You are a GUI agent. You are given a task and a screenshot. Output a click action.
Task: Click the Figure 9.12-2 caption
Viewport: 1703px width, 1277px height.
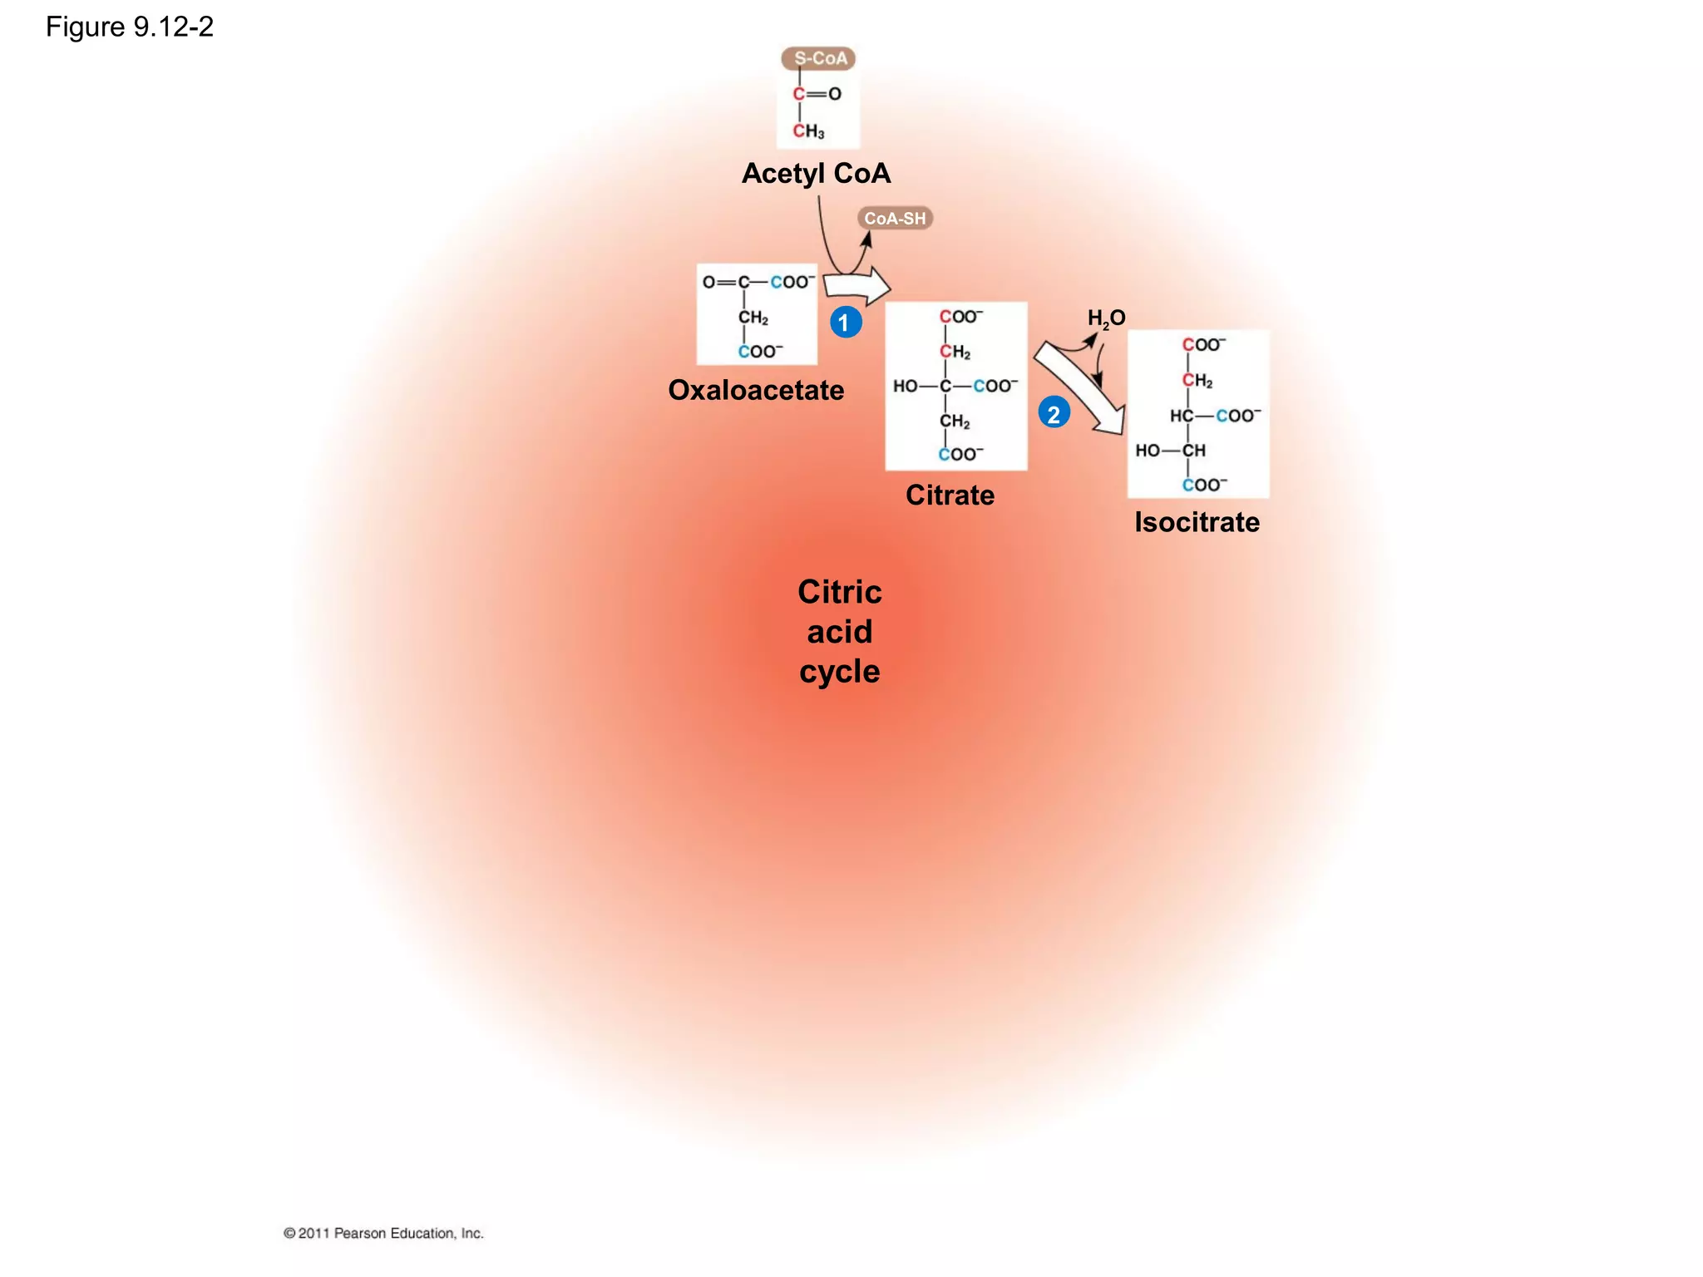point(130,27)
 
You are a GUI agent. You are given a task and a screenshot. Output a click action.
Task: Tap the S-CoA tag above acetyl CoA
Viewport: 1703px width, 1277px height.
point(819,58)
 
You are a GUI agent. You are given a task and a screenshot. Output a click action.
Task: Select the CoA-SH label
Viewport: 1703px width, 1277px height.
point(895,219)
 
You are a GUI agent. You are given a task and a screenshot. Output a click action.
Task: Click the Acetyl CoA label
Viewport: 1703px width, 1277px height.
point(816,174)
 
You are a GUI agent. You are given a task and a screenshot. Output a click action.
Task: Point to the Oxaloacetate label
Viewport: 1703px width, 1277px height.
point(756,390)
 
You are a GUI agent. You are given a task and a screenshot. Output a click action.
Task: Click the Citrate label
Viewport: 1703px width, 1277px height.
point(950,496)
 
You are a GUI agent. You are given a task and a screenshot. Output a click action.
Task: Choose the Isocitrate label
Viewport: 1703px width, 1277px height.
point(1197,522)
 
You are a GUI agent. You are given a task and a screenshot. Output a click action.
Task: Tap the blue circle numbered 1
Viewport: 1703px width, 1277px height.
point(845,323)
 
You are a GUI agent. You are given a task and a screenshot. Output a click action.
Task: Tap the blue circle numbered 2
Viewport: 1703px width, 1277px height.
point(1054,413)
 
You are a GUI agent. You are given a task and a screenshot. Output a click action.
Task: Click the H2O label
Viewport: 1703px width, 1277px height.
point(1106,318)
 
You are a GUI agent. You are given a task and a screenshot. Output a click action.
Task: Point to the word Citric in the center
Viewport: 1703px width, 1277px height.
point(839,592)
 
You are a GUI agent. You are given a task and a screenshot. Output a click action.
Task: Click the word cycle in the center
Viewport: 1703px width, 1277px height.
point(839,672)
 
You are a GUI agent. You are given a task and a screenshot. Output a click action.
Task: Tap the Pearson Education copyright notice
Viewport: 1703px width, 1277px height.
point(383,1233)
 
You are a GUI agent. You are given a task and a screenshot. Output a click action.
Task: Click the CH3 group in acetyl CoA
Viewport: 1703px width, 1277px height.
point(808,131)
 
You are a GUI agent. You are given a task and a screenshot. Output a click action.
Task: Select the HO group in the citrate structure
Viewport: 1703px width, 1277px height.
point(906,386)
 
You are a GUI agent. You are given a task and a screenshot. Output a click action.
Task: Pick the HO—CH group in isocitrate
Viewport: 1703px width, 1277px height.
point(1170,451)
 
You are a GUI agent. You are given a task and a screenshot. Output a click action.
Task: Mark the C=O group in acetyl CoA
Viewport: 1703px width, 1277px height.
point(817,94)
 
